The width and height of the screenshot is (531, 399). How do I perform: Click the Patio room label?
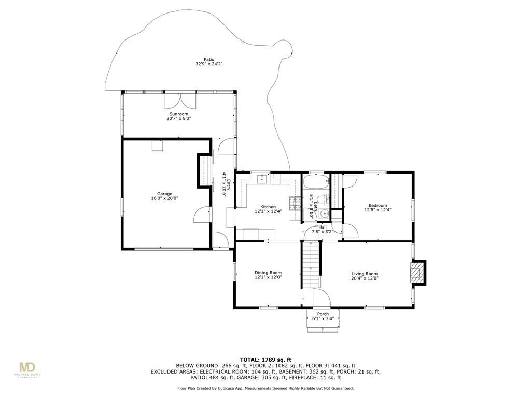(209, 60)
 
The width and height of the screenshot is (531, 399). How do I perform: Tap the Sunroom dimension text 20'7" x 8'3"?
(179, 119)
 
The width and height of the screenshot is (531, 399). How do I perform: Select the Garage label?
(164, 194)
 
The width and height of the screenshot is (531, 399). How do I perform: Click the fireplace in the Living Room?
(417, 272)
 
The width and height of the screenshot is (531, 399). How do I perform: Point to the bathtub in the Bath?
(316, 182)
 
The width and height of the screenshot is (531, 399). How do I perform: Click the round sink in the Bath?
(325, 214)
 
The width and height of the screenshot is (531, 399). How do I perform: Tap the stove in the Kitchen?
(295, 203)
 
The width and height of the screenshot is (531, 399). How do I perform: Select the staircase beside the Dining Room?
(311, 264)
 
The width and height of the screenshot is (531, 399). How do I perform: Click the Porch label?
(323, 314)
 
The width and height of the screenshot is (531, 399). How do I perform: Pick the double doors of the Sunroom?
(180, 100)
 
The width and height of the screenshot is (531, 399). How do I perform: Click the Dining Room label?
(268, 273)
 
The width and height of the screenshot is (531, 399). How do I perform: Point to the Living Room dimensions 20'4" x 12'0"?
(365, 278)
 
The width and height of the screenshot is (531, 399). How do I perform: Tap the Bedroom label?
(378, 205)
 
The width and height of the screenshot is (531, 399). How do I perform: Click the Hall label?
(323, 227)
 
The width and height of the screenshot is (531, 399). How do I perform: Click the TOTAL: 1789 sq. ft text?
(265, 360)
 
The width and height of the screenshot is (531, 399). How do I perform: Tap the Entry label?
(229, 185)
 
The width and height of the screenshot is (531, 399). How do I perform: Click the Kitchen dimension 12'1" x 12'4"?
(268, 211)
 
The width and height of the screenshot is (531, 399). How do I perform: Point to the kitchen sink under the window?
(262, 179)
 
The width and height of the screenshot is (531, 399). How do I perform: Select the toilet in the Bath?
(325, 199)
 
